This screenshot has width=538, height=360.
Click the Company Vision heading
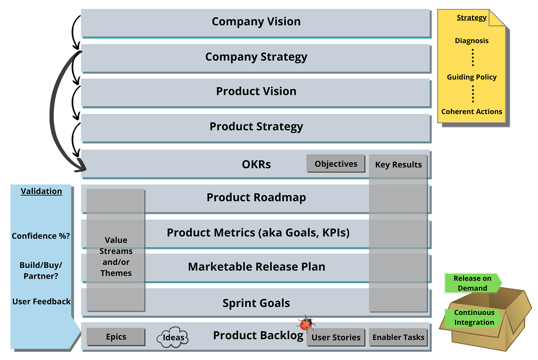pos(256,22)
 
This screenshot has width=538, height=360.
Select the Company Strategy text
pos(256,57)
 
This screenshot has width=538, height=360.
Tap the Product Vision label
pos(256,91)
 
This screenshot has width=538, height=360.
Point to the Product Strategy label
pos(256,126)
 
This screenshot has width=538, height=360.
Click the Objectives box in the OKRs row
pos(335,164)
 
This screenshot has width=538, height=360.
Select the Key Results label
pos(398,165)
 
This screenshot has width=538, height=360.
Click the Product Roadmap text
pos(256,197)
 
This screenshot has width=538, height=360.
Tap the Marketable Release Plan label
pos(256,267)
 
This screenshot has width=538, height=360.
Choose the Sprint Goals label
pos(256,303)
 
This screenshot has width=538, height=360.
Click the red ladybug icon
pos(306,324)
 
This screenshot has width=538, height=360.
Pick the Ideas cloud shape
pos(173,338)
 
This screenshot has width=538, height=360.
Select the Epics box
pos(116,337)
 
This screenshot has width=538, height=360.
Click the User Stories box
pos(335,337)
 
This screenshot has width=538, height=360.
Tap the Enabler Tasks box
pos(398,337)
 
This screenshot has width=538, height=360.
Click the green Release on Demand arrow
pos(472,283)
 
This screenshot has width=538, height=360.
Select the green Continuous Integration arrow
pos(474,318)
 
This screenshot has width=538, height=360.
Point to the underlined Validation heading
pos(41,191)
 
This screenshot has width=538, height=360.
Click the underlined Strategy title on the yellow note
pos(472,18)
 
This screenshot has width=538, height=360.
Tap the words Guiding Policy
pos(472,77)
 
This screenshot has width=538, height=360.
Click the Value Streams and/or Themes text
pos(116,257)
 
